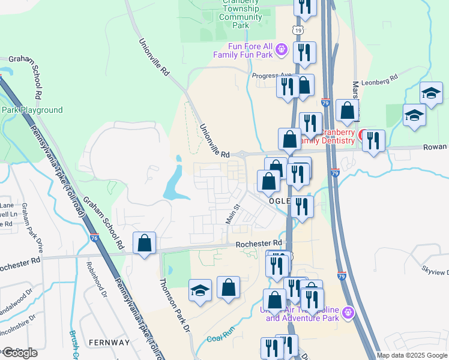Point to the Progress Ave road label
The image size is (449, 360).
tap(271, 76)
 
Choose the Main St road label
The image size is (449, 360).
tap(232, 215)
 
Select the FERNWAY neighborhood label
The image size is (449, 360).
tap(109, 342)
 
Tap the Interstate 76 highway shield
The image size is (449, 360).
tap(94, 238)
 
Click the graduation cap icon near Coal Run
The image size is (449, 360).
tap(200, 290)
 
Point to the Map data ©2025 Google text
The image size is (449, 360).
tap(411, 355)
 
